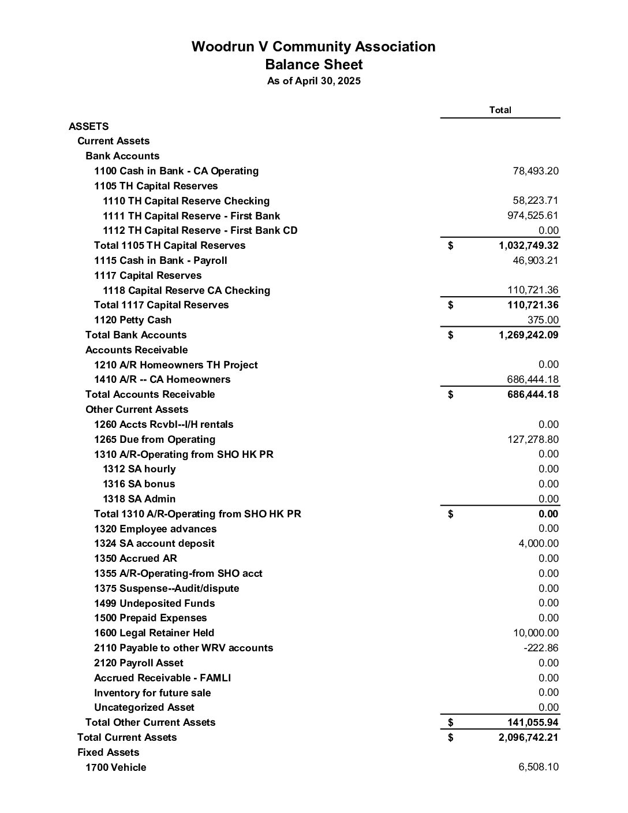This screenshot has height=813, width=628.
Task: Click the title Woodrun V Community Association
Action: click(x=313, y=47)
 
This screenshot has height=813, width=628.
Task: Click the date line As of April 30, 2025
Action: click(x=313, y=81)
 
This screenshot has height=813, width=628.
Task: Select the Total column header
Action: click(x=500, y=110)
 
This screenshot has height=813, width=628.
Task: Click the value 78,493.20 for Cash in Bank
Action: click(x=535, y=171)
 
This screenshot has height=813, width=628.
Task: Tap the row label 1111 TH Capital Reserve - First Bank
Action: click(x=191, y=216)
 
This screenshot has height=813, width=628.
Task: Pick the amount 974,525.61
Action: click(x=532, y=215)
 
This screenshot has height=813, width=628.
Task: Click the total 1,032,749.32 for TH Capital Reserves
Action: click(x=528, y=245)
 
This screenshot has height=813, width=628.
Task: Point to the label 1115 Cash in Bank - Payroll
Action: click(x=160, y=260)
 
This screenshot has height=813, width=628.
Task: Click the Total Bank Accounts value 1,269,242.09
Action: click(x=528, y=335)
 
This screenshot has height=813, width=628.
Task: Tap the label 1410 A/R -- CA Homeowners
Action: click(x=162, y=379)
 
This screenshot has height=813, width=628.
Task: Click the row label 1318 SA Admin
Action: click(x=139, y=499)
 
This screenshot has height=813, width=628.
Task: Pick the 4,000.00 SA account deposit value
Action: click(x=538, y=543)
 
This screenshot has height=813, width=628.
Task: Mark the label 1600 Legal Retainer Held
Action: click(x=154, y=633)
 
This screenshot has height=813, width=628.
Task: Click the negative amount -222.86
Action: click(x=541, y=648)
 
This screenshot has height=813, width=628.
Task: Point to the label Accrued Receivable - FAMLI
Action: click(x=162, y=678)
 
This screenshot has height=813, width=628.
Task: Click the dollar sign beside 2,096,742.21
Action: click(x=451, y=737)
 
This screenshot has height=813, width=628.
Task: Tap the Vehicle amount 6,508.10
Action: click(x=538, y=767)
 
